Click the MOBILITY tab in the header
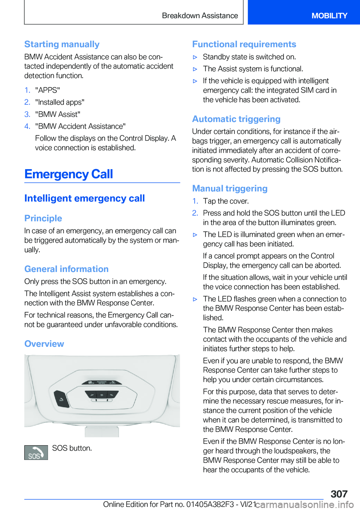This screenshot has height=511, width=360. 329,16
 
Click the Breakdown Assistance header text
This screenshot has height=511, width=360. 200,16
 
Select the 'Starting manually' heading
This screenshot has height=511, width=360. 62,44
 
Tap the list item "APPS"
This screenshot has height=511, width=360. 48,90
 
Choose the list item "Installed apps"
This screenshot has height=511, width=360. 60,102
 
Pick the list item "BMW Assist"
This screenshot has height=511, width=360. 58,114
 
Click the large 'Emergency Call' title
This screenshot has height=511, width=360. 69,174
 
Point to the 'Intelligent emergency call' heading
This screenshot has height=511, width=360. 84,198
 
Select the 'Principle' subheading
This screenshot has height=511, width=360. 43,218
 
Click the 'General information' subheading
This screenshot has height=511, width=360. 66,269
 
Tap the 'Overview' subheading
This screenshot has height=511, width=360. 44,344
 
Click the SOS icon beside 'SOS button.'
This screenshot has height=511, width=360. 36,452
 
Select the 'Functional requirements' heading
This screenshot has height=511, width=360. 244,44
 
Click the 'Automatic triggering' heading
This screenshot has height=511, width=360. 236,119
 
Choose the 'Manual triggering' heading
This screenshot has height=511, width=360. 230,188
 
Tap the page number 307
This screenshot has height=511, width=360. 339,494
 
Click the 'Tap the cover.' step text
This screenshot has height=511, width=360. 226,201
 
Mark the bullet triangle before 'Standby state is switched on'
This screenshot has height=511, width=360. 195,57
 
